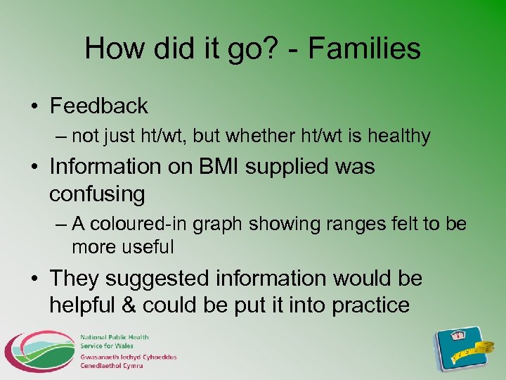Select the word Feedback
pos(99,106)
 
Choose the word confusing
pos(97,194)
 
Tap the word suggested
pos(158,279)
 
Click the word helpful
pos(84,305)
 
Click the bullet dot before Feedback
pos(34,107)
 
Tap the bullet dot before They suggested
pos(34,279)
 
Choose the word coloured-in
pos(136,224)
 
